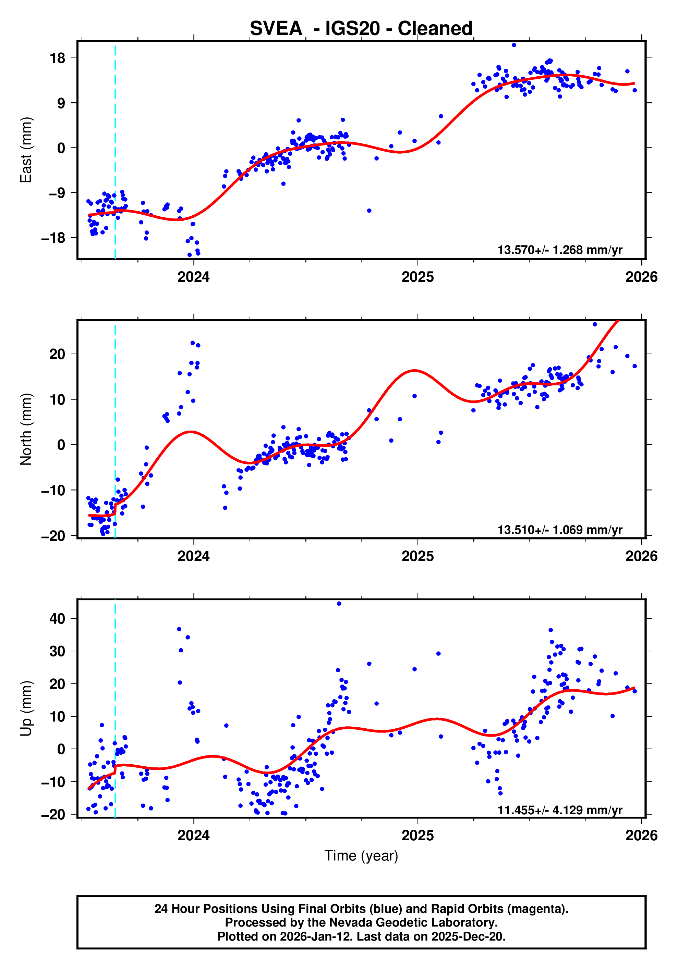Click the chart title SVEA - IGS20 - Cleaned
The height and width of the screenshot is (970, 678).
(361, 28)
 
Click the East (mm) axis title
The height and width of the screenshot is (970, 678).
(26, 150)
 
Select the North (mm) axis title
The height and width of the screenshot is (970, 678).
(26, 429)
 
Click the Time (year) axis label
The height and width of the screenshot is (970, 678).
(361, 855)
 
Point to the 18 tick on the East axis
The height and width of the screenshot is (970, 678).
(58, 58)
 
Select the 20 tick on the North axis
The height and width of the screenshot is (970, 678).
(58, 354)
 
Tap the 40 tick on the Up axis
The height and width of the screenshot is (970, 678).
(58, 618)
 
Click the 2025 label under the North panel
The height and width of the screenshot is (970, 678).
(417, 556)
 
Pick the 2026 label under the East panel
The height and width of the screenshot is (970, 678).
(641, 277)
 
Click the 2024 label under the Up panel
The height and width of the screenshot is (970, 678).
(193, 835)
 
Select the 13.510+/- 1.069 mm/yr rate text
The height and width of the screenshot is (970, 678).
(559, 530)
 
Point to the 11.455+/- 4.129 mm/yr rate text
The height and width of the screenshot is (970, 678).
(559, 810)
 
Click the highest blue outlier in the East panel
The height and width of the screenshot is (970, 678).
(513, 45)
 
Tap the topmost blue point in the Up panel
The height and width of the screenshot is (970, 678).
(339, 604)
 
